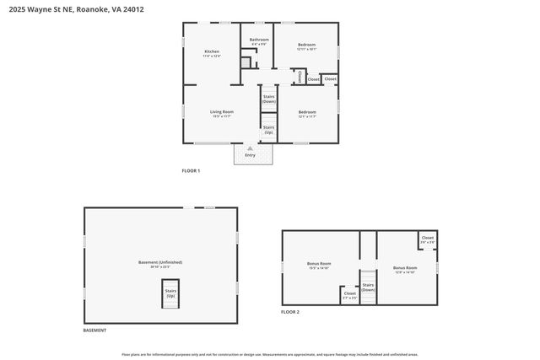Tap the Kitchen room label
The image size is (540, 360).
pos(212,52)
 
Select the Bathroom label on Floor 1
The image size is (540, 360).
pos(259,40)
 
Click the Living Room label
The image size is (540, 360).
pos(221,112)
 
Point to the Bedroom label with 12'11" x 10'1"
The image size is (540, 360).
pos(306,45)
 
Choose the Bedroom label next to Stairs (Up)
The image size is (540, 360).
pos(306,113)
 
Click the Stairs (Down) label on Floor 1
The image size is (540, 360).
pos(268,99)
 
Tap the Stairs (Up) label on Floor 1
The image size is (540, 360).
pos(268,130)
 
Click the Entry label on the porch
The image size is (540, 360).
pos(250,155)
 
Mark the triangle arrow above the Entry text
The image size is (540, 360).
pos(250,148)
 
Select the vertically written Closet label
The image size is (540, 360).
pos(300,77)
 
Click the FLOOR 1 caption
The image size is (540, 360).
pos(191,171)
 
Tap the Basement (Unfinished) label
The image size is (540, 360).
pos(160,263)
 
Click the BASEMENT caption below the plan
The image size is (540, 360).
pos(94,330)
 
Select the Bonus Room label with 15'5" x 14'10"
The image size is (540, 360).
pos(319,266)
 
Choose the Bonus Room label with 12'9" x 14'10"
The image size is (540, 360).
pos(406,268)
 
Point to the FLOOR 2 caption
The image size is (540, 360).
pos(290,312)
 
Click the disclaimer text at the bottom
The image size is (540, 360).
pos(270,355)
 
